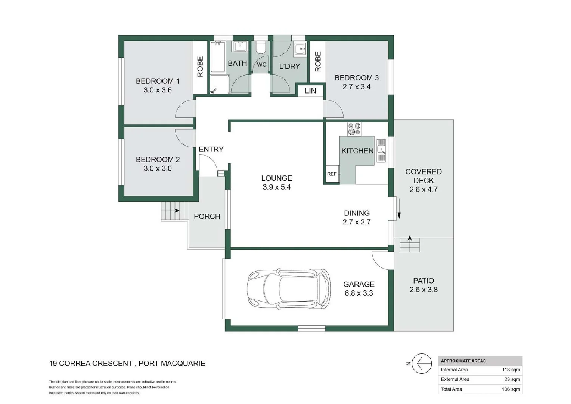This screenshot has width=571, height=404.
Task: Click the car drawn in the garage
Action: (289, 288)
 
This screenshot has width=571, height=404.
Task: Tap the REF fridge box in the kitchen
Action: (332, 174)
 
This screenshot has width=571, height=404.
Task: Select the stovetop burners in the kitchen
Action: (354, 129)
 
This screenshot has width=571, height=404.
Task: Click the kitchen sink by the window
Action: (381, 150)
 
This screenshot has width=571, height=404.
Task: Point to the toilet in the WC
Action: (261, 48)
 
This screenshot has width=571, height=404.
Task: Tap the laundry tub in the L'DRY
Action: (300, 49)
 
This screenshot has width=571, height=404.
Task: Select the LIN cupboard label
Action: (310, 91)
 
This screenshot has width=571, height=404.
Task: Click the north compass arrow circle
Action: (422, 363)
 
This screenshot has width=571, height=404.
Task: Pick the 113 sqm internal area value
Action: (511, 370)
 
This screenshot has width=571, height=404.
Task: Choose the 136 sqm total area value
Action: (511, 389)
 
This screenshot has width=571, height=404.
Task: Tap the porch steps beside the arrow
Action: (170, 211)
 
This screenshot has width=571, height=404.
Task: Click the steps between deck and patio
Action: (410, 245)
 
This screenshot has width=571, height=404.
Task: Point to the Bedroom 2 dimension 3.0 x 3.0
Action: (158, 168)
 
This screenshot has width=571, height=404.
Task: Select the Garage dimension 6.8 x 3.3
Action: (359, 293)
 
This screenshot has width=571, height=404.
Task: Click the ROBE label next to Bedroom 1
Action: (200, 67)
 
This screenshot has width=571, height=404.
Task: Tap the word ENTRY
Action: (211, 149)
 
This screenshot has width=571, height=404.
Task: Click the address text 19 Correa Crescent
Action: (91, 363)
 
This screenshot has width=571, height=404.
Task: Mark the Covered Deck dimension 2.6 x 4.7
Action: (423, 189)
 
